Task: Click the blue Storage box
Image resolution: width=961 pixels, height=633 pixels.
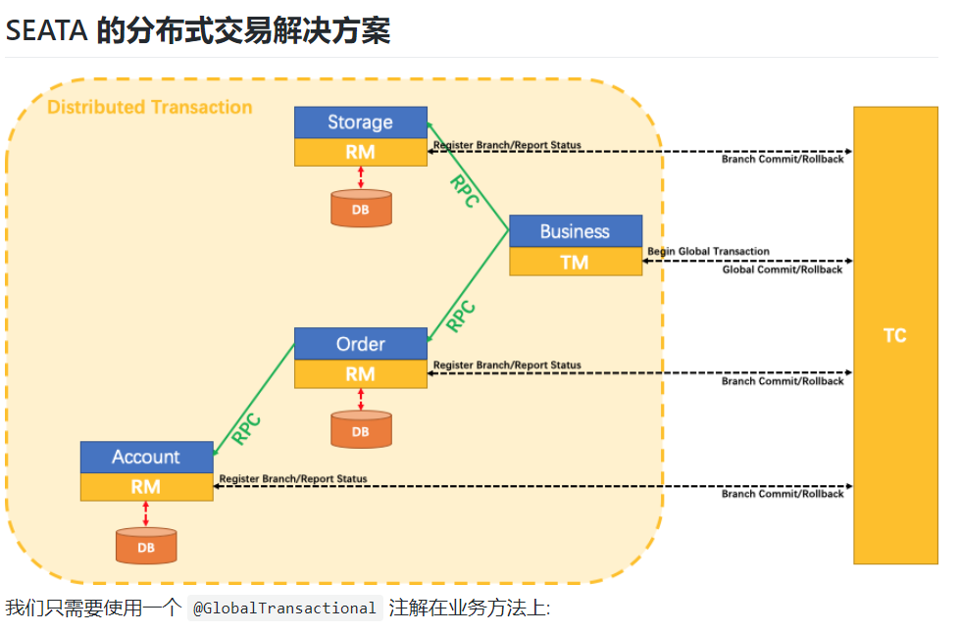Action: (x=360, y=122)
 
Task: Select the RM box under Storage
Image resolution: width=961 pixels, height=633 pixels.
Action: (x=360, y=152)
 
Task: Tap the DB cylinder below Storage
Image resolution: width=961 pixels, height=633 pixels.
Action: (x=361, y=209)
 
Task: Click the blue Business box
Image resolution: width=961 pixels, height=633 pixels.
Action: (x=575, y=231)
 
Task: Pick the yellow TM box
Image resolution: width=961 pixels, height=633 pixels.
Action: (x=575, y=262)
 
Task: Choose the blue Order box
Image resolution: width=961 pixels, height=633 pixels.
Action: (x=360, y=344)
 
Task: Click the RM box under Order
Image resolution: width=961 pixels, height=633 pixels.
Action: (x=360, y=373)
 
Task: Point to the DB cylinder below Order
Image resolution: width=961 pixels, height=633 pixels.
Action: (x=361, y=430)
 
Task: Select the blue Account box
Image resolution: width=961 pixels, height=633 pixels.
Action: (x=146, y=457)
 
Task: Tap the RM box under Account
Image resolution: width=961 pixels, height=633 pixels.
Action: (x=146, y=486)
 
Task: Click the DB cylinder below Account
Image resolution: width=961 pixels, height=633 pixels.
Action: (x=146, y=546)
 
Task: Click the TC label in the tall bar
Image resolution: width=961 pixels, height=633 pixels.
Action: (x=894, y=335)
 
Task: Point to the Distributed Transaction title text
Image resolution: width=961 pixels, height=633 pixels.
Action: (x=150, y=108)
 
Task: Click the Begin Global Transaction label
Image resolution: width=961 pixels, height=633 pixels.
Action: (x=708, y=252)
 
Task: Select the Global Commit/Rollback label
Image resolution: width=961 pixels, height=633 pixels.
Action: (x=783, y=269)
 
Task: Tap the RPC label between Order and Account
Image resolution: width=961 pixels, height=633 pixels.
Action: (x=246, y=428)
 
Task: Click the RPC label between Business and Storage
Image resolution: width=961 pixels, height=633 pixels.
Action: (x=464, y=190)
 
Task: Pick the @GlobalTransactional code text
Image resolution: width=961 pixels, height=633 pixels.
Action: (x=284, y=609)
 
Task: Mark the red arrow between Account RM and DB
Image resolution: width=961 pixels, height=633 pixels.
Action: (x=146, y=513)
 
